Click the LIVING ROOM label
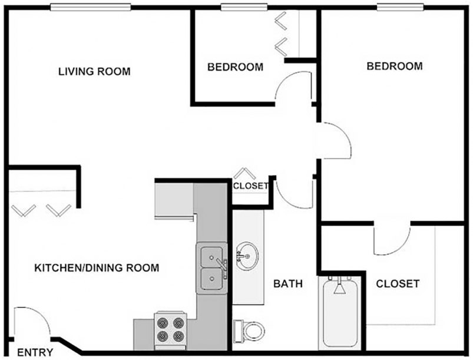94,71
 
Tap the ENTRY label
35,352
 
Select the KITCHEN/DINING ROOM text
97,267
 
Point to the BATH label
288,283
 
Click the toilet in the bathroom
249,331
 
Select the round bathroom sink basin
247,256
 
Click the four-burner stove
170,329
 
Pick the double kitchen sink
212,268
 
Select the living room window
90,7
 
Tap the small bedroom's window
244,7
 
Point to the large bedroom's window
401,7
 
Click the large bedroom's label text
395,66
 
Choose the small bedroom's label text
235,67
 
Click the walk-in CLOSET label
398,283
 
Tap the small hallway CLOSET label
250,186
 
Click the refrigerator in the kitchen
174,200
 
